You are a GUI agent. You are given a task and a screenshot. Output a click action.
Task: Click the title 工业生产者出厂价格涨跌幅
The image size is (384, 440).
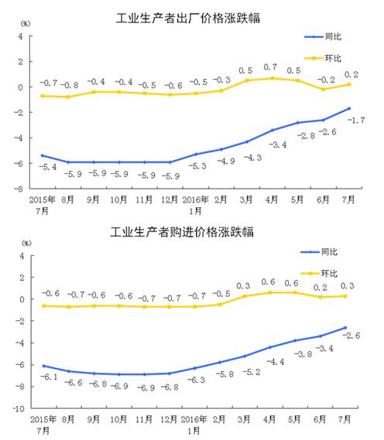click(x=191, y=18)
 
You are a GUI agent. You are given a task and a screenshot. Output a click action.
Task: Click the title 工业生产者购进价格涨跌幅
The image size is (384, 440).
click(x=191, y=231)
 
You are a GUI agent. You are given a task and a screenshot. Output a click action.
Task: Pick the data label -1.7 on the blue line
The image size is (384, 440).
click(x=357, y=120)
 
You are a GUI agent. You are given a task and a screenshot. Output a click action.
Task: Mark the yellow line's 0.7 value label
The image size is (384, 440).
click(x=271, y=67)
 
